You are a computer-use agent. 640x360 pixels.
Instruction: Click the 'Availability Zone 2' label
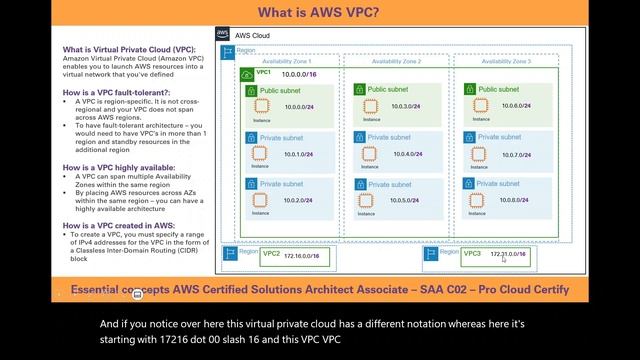pyautogui.click(x=396, y=62)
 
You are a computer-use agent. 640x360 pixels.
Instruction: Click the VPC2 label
pyautogui.click(x=271, y=254)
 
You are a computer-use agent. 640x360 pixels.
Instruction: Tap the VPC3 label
pyautogui.click(x=473, y=254)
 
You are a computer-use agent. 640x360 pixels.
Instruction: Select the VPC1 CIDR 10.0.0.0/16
pyautogui.click(x=301, y=74)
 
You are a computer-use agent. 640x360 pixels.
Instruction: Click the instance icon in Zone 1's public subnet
pyautogui.click(x=262, y=106)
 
